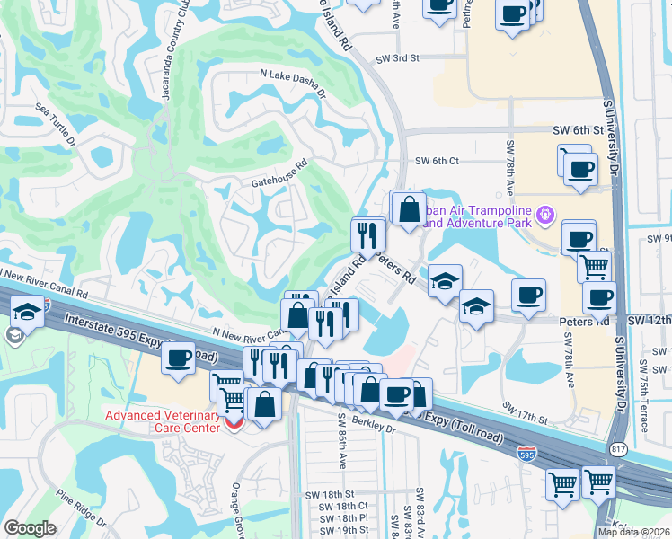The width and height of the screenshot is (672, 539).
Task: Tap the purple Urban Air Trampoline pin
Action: (544, 216)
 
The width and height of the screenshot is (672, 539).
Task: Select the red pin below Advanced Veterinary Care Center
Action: (234, 421)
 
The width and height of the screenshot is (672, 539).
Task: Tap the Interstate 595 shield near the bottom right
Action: (530, 455)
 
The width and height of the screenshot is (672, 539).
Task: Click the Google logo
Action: (30, 528)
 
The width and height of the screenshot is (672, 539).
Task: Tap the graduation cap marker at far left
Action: (29, 311)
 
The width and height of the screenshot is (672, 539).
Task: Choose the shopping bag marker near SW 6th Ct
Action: (409, 209)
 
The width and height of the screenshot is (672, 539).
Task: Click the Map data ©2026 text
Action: (634, 532)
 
